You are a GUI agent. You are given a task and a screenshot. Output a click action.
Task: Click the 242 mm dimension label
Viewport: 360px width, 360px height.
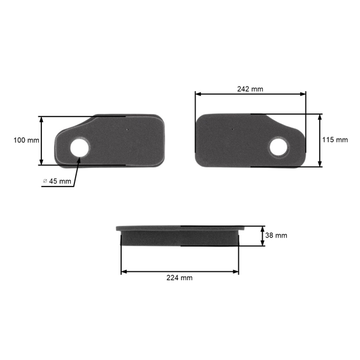tap(250, 89)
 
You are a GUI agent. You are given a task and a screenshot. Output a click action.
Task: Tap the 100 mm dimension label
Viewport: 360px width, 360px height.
tap(26, 140)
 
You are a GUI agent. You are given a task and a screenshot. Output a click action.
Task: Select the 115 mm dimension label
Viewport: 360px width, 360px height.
tap(335, 140)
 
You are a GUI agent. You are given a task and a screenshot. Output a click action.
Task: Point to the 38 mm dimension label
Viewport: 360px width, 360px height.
tap(276, 236)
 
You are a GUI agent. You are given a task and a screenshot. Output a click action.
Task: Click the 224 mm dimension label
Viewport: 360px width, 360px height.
tap(180, 278)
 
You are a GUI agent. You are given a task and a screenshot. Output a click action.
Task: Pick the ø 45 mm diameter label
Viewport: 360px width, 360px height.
tap(57, 181)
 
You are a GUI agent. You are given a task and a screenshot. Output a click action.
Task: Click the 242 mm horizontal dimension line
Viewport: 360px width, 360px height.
tap(250, 94)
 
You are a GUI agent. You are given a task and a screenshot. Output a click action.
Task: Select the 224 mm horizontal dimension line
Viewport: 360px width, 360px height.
tap(180, 272)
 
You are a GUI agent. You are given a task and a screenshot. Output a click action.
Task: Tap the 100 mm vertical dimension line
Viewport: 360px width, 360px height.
tap(41, 140)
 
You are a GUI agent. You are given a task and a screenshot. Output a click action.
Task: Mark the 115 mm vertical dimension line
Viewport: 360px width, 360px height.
tap(320, 140)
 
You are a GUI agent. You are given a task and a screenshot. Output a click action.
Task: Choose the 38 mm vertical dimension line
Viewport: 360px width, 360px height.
tap(262, 236)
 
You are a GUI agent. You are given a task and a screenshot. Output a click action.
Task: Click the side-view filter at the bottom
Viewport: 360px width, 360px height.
tap(180, 235)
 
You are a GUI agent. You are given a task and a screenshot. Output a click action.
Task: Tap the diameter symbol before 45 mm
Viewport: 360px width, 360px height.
tap(45, 181)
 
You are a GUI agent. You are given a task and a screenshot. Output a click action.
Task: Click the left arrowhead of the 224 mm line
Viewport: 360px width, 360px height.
tap(124, 272)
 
